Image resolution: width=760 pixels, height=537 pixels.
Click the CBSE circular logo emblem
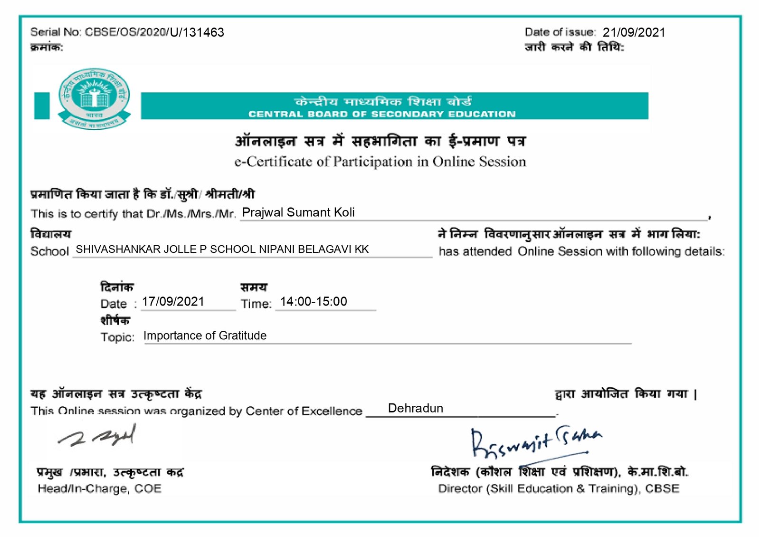(x=94, y=98)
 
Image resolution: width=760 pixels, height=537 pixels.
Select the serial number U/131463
(x=197, y=32)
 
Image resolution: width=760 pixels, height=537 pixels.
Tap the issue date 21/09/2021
(x=634, y=32)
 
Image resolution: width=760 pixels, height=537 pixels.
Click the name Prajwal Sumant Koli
(x=298, y=212)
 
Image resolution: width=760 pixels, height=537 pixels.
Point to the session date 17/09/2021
(x=173, y=302)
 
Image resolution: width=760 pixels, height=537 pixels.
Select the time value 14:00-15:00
(x=313, y=302)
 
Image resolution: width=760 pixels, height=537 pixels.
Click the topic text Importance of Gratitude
(x=205, y=336)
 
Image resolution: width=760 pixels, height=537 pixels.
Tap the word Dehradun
(x=416, y=408)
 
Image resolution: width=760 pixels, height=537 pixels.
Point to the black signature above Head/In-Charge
(x=97, y=436)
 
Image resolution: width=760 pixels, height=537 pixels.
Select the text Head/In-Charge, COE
(x=100, y=489)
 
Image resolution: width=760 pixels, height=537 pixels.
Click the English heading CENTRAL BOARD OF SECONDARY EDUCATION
(x=382, y=114)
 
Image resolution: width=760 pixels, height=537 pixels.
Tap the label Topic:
(x=117, y=337)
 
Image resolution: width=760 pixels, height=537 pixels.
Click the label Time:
(x=256, y=304)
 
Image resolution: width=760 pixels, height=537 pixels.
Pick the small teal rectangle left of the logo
(x=42, y=105)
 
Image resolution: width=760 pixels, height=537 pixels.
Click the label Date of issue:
(x=560, y=32)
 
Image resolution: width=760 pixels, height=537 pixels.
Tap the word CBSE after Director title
(x=662, y=489)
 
